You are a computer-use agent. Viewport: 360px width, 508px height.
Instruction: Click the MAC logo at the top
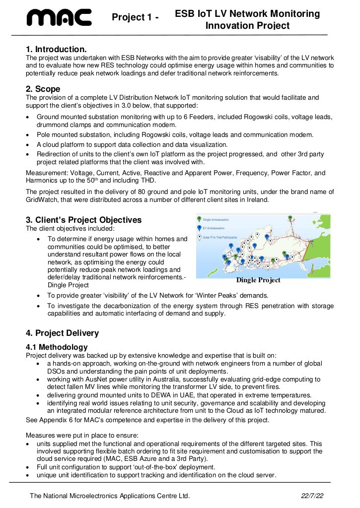[59, 17]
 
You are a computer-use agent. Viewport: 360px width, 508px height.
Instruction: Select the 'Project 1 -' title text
[135, 18]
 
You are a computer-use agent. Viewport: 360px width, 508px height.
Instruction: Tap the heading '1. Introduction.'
[56, 49]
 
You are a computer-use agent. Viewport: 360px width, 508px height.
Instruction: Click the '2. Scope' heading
[43, 89]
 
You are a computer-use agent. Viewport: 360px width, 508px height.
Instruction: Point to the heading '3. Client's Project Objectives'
[83, 220]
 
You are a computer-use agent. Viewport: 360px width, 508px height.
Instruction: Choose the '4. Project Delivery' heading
[62, 333]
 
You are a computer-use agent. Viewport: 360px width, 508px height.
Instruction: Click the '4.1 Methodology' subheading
[57, 347]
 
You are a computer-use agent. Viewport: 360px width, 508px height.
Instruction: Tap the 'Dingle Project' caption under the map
[258, 280]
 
